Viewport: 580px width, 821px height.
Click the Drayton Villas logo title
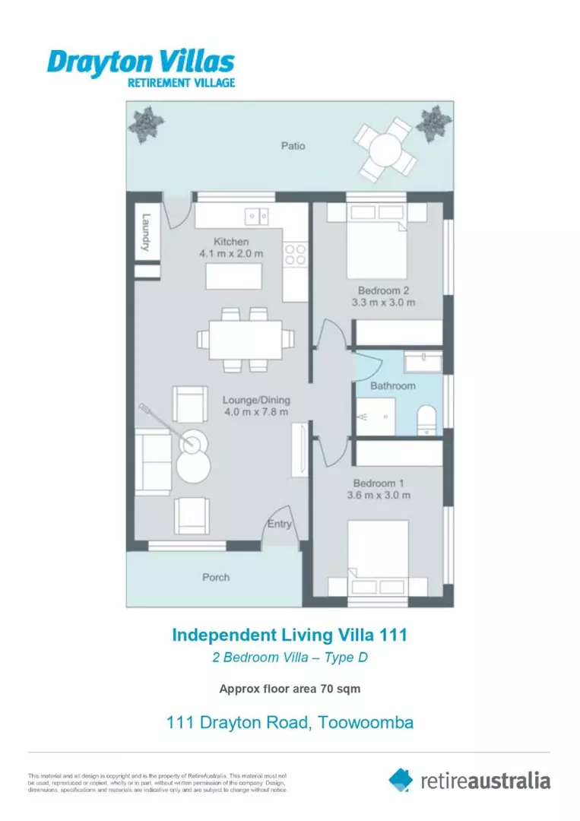141,62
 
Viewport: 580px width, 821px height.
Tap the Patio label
293,145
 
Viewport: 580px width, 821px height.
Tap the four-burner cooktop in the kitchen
295,255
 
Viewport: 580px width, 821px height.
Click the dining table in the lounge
245,338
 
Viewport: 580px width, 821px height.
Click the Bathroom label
392,385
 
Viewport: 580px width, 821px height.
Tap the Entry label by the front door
279,524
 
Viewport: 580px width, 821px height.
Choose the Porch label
216,577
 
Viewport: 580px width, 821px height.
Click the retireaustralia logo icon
401,779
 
